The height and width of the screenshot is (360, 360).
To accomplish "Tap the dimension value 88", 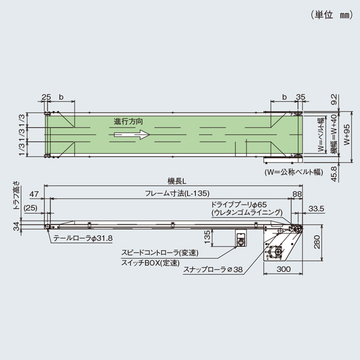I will [x=296, y=193].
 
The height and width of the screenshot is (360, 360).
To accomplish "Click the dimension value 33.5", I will [x=315, y=208].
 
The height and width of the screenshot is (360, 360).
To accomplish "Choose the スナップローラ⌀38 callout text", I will [x=213, y=269].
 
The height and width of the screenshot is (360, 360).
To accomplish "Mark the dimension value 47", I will [x=34, y=193].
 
